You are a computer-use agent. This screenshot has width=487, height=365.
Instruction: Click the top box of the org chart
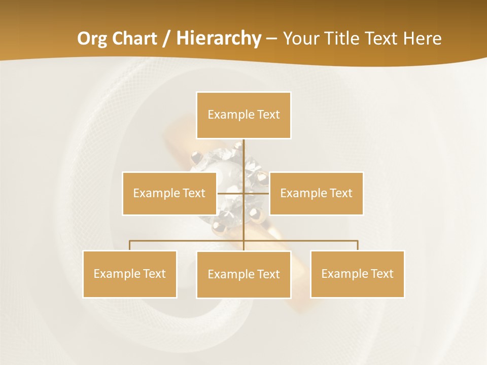point(243,115)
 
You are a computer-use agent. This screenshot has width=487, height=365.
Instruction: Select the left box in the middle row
point(169,193)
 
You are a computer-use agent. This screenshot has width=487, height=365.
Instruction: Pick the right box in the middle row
point(316,193)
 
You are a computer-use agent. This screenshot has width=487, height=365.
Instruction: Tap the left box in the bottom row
point(129,274)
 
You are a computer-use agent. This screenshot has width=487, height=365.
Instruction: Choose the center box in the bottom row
point(243,274)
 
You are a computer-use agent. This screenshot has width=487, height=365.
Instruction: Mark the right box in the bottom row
point(357,274)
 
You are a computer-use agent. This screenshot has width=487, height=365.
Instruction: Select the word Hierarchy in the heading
point(218,39)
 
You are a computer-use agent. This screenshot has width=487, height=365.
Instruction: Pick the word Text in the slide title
point(381,39)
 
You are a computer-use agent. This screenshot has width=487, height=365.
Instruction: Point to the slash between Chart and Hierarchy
point(167,39)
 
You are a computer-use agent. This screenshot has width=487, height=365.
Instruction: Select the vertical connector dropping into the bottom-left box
point(129,245)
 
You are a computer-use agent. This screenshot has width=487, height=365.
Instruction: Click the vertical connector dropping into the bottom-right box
point(358,245)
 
